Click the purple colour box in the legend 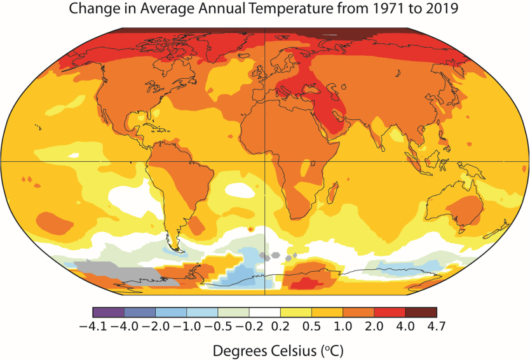coord(108,312)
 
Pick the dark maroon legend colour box coord(421,312)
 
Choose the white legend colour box coord(265,312)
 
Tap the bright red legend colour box coord(390,312)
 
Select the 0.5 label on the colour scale coord(312,327)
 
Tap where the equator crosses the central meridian coord(264,161)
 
